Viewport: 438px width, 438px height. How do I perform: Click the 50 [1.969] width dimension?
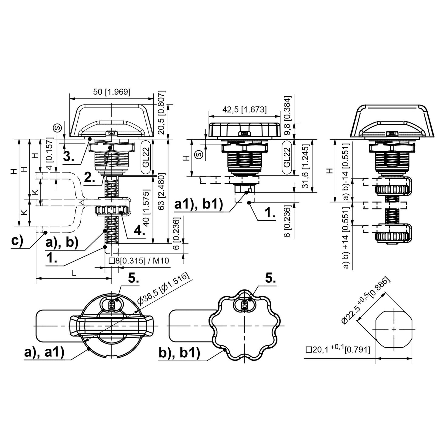point(112,92)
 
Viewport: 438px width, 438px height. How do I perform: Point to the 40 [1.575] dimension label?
point(146,208)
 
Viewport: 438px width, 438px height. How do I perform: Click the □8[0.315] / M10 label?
point(139,261)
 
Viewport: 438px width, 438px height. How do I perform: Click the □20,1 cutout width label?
point(338,350)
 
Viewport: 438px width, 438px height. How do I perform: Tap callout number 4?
point(139,231)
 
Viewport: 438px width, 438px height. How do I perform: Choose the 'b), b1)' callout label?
point(179,353)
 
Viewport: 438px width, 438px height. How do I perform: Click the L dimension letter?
point(74,273)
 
